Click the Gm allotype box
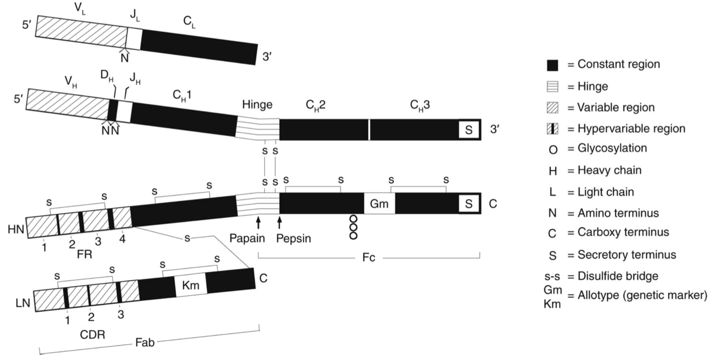click(379, 204)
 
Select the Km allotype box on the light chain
click(191, 285)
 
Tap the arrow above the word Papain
click(258, 222)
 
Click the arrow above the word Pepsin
click(279, 222)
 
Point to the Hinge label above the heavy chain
click(257, 105)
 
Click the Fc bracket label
click(369, 258)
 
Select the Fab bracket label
click(145, 343)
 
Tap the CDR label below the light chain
click(92, 334)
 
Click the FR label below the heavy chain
click(85, 255)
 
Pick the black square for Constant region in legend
click(552, 65)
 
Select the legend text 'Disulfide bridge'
click(618, 276)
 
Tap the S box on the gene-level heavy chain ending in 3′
click(469, 130)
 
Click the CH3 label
click(420, 105)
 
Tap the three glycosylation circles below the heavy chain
click(353, 227)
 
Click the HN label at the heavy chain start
click(16, 229)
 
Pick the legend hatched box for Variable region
click(552, 108)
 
